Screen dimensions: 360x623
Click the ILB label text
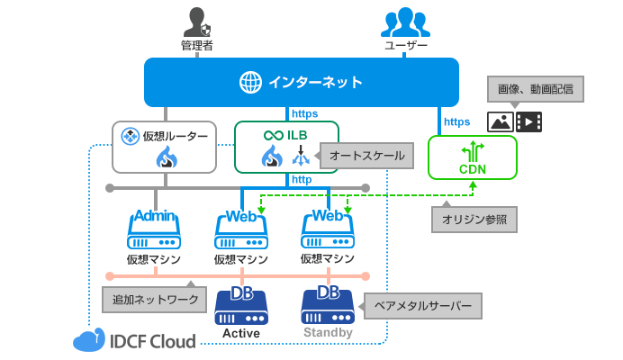pos(298,135)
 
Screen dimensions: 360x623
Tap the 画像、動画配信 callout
pos(536,90)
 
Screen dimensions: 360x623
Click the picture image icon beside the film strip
pos(501,121)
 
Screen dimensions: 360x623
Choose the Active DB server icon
pos(241,307)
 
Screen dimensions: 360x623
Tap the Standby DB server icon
pos(328,307)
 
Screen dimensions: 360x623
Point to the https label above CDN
pos(457,121)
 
